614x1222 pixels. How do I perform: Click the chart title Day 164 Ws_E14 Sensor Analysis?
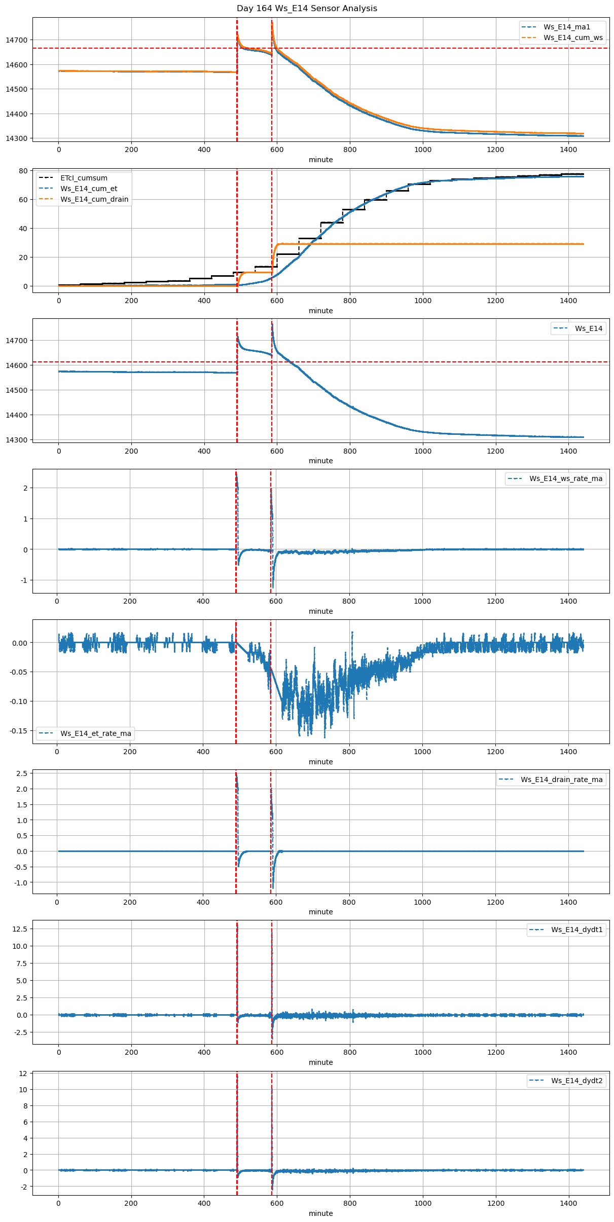pyautogui.click(x=307, y=8)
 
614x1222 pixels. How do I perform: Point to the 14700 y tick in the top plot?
pyautogui.click(x=17, y=40)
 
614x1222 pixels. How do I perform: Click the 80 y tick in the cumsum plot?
pyautogui.click(x=23, y=171)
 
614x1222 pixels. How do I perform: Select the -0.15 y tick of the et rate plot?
pyautogui.click(x=19, y=731)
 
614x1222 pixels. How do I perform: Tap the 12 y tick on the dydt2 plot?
pyautogui.click(x=22, y=1073)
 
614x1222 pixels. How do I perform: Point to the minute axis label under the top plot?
pyautogui.click(x=320, y=160)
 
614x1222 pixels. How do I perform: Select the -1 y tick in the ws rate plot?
pyautogui.click(x=23, y=580)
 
